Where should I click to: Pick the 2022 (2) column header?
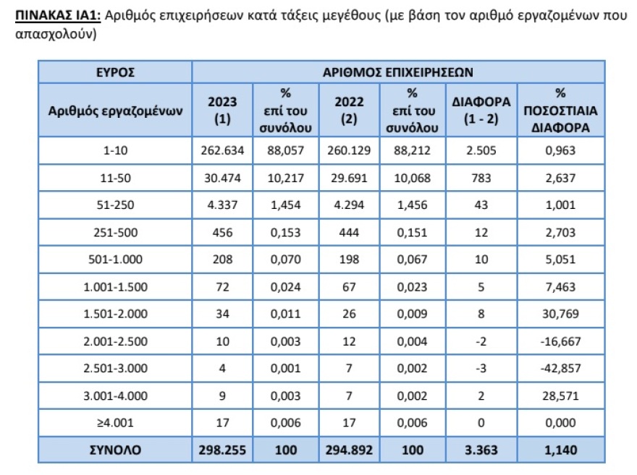(349, 111)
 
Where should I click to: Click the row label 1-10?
(114, 151)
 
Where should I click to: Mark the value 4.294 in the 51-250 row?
(349, 205)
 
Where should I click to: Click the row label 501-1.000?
(114, 260)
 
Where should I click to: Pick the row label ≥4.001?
(114, 422)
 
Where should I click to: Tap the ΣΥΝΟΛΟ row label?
(114, 450)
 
